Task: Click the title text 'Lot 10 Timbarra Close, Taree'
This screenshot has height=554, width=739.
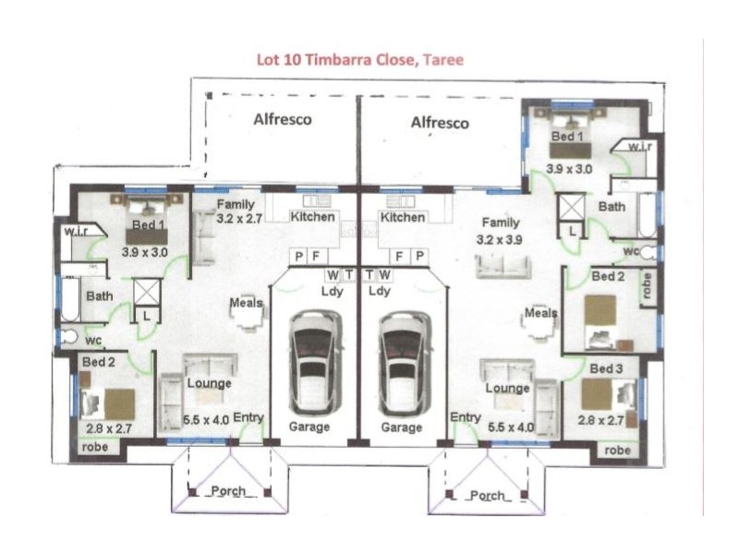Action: [x=359, y=60]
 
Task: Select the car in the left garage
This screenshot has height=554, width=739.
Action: [x=310, y=362]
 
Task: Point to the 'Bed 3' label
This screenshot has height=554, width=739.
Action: [x=605, y=369]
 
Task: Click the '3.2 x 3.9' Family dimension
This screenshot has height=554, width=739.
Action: [x=500, y=238]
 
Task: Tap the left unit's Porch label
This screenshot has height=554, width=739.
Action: [x=227, y=490]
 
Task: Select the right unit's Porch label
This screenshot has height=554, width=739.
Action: [x=487, y=496]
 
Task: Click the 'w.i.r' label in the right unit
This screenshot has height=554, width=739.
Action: [x=640, y=148]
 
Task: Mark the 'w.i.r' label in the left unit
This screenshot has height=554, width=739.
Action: [x=76, y=232]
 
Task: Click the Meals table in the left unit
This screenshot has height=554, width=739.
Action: [x=248, y=316]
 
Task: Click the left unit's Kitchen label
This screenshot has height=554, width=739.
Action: [x=312, y=217]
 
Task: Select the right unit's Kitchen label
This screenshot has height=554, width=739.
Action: [x=403, y=217]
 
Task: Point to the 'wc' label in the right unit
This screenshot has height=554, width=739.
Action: [x=632, y=250]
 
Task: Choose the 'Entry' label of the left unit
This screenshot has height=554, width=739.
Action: [x=248, y=418]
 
